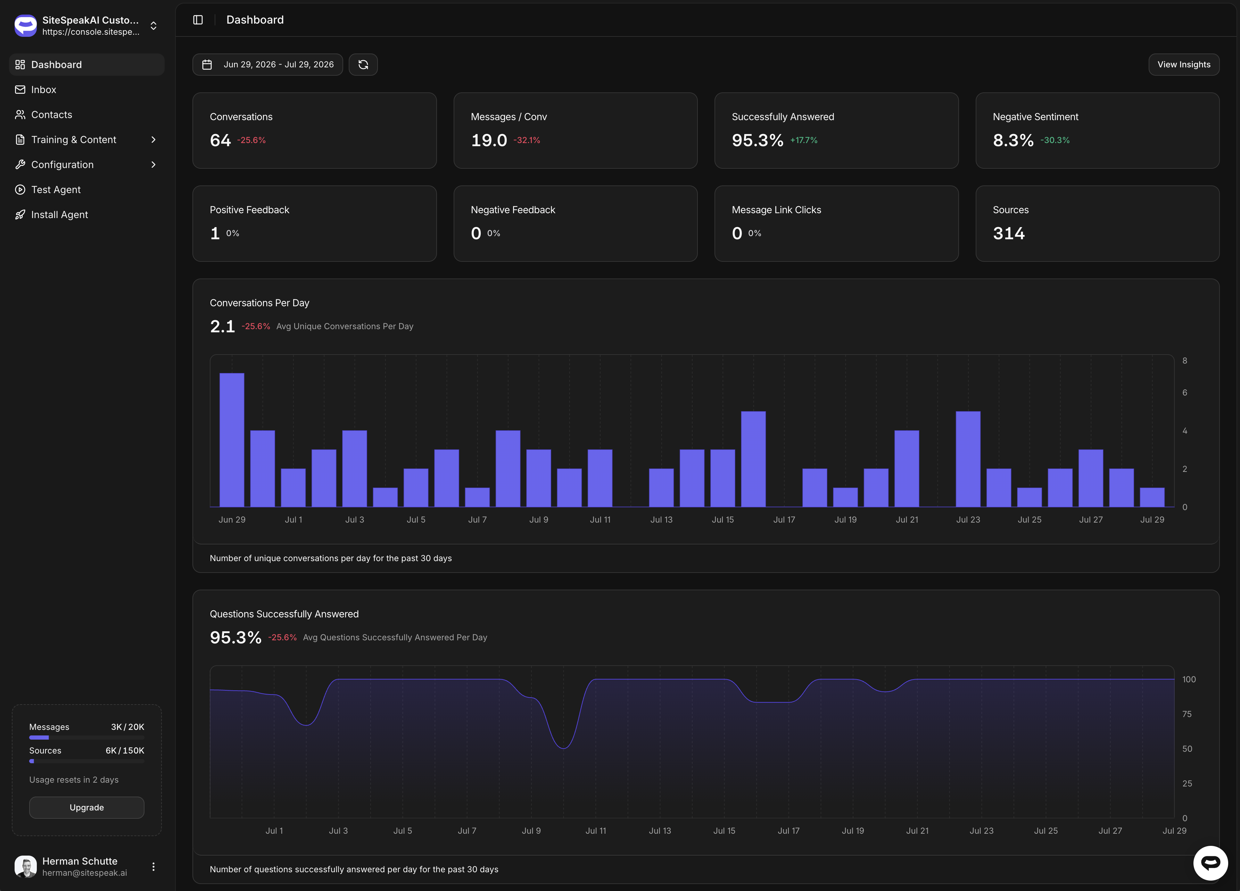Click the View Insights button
click(1184, 65)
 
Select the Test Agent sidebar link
click(56, 190)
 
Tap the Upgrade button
click(86, 807)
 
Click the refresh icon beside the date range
click(363, 65)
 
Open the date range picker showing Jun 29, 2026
click(268, 65)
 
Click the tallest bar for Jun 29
click(232, 440)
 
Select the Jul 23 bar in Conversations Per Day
click(968, 459)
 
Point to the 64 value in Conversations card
click(220, 141)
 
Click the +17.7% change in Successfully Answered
click(804, 141)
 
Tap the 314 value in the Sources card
click(1009, 233)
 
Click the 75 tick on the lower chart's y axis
click(1187, 714)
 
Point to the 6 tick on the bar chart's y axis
click(1185, 392)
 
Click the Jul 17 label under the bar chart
click(784, 519)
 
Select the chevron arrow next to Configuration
click(153, 165)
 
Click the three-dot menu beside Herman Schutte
click(153, 866)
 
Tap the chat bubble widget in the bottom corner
click(1210, 863)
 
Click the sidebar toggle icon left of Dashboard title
click(198, 20)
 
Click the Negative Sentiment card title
click(1035, 117)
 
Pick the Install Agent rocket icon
click(20, 215)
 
